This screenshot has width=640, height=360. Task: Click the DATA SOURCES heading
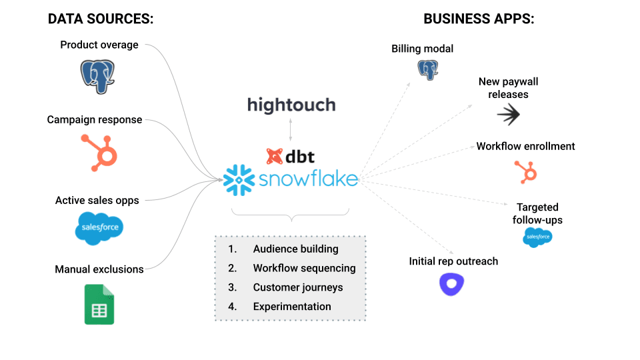101,19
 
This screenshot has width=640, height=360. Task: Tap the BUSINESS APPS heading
479,19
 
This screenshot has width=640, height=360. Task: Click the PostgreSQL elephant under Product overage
98,76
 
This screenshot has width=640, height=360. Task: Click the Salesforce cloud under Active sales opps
99,227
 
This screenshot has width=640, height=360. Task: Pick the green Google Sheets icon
99,305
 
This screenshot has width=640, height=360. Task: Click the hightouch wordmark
291,105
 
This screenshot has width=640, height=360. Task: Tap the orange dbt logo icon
274,157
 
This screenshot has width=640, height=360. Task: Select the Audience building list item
295,249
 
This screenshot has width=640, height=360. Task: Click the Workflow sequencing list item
304,268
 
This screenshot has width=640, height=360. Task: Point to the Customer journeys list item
297,287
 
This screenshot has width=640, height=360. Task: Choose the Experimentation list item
292,307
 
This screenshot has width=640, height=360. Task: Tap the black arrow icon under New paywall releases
509,115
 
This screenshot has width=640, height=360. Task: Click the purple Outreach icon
452,285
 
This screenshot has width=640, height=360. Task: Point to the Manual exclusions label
99,269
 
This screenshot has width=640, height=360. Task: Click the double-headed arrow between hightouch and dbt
291,129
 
